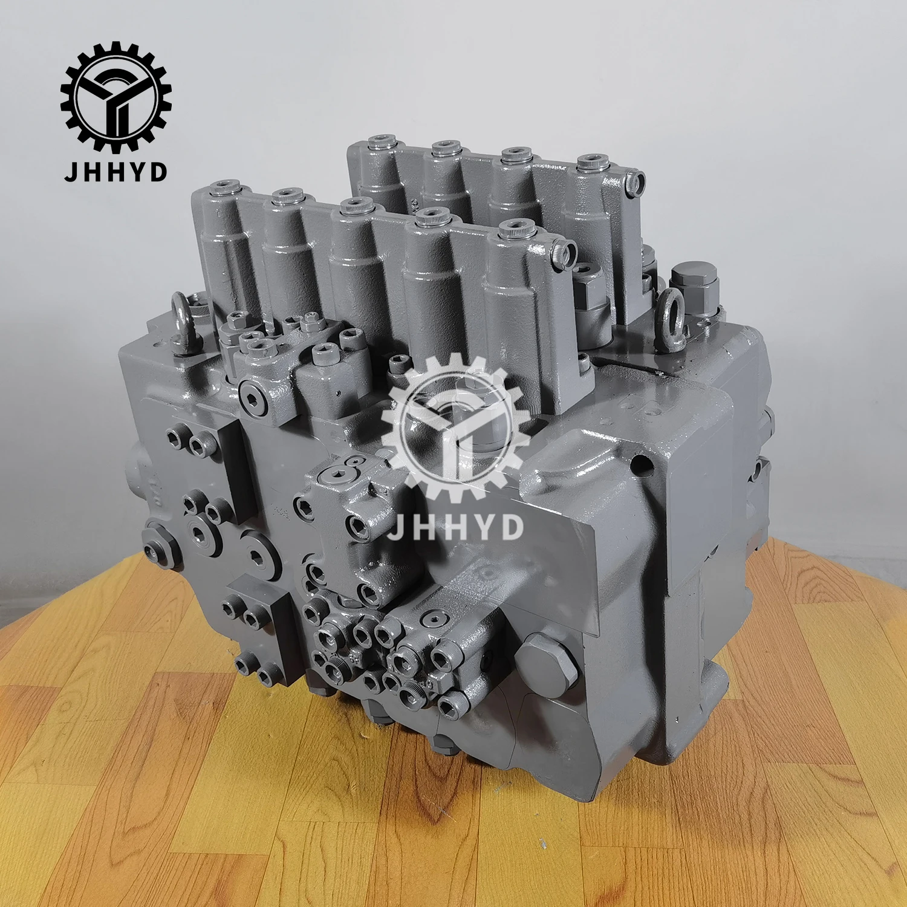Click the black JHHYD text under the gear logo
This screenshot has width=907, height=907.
[115, 172]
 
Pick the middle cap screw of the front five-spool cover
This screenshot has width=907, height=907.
[356, 206]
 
